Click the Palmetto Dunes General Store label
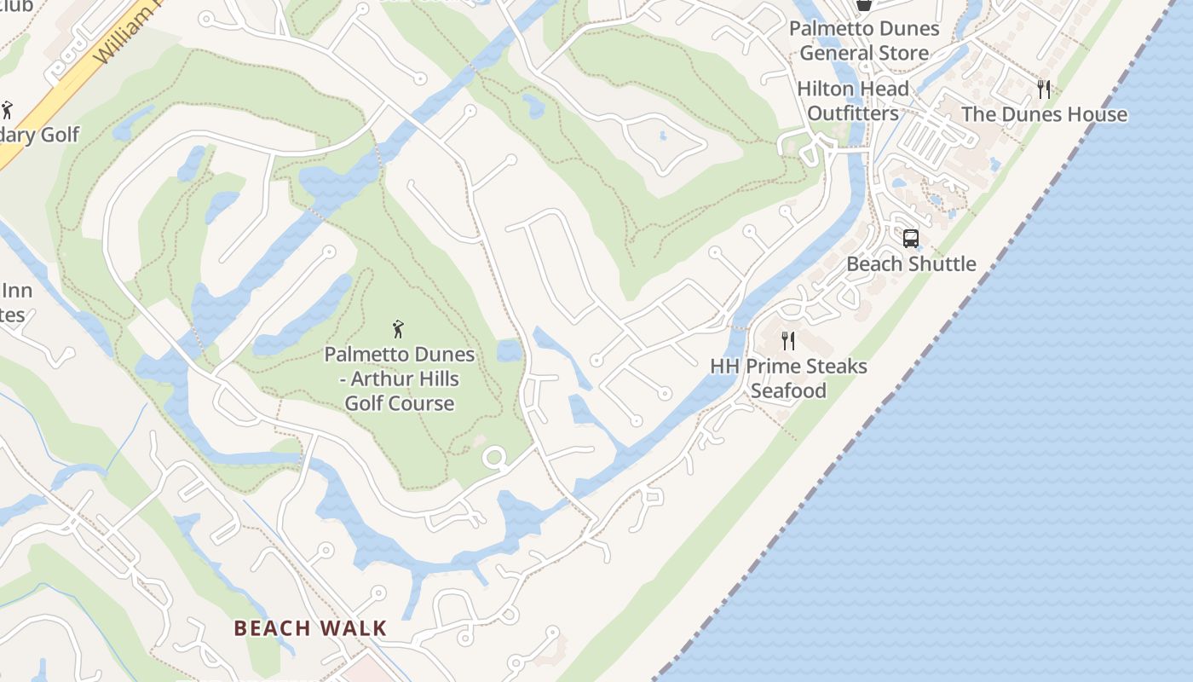[x=864, y=40]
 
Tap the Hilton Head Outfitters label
[x=853, y=101]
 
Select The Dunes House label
[x=1044, y=114]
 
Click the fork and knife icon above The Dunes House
[x=1044, y=89]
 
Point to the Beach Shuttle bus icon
[x=911, y=239]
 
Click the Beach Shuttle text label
[x=911, y=263]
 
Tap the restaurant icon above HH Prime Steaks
[x=788, y=341]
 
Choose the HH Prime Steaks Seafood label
[x=788, y=379]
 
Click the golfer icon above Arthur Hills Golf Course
[x=398, y=329]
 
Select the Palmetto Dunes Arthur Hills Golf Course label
[x=400, y=379]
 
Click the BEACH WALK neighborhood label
[x=310, y=628]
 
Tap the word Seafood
[x=788, y=390]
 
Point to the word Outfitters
[x=853, y=113]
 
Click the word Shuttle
[x=942, y=263]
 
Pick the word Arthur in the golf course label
[x=374, y=379]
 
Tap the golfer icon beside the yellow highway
[x=8, y=110]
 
